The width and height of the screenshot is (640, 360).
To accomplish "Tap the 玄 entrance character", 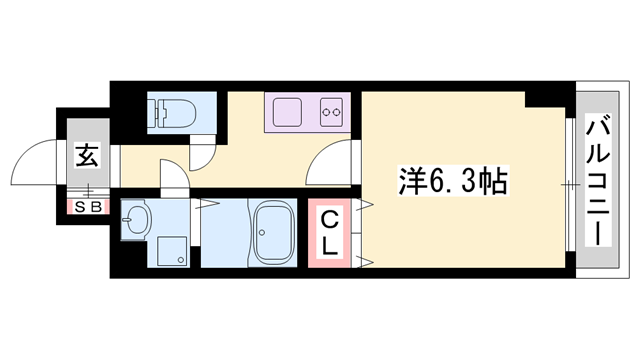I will click(x=86, y=156).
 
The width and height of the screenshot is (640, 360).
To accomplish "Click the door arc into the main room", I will click(x=332, y=160).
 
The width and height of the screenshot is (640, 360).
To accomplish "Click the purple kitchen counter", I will click(x=306, y=112).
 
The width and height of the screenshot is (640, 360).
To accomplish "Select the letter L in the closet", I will click(x=328, y=245).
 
